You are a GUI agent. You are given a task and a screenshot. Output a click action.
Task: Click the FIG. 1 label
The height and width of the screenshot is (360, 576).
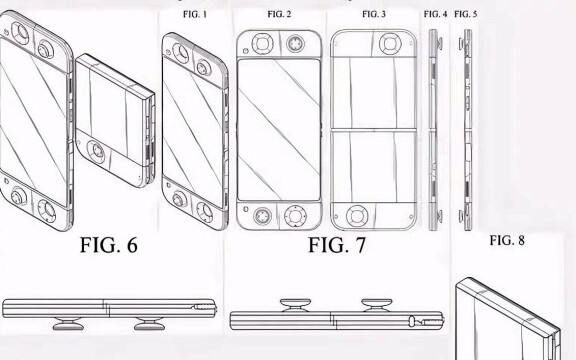[195, 14]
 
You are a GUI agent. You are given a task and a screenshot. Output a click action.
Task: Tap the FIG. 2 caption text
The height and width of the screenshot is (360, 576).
[279, 14]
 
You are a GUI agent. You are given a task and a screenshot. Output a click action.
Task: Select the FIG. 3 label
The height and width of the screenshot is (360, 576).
[374, 14]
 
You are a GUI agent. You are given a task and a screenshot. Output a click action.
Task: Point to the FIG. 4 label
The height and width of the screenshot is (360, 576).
[435, 14]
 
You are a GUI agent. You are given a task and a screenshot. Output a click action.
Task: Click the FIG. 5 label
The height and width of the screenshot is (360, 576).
[466, 14]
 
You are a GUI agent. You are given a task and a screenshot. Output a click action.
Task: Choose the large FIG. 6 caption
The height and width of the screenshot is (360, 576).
[109, 245]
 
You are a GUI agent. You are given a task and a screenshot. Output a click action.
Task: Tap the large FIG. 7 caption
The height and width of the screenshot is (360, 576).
[337, 245]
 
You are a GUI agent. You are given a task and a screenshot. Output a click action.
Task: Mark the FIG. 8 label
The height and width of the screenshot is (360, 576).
[507, 241]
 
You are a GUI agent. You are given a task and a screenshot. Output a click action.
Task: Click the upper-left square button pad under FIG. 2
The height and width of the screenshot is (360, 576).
[262, 44]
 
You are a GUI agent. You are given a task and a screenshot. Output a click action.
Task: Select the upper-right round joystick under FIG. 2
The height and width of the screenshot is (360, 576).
[295, 44]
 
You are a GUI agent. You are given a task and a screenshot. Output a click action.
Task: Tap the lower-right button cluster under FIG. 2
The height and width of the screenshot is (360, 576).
[295, 216]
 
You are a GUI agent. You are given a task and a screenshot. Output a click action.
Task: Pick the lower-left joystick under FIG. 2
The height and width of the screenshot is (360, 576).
[262, 216]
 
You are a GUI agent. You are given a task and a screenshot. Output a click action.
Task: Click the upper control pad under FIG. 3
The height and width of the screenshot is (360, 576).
[390, 44]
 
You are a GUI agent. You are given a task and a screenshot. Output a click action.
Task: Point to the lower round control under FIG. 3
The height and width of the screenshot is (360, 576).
[356, 216]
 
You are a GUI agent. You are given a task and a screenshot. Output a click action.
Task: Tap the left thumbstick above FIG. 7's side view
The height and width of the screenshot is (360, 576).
[295, 305]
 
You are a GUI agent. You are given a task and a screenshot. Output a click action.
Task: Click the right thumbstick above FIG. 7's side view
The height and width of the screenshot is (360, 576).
[377, 305]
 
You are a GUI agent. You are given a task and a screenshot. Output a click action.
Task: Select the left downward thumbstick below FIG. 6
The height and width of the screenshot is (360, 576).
[68, 323]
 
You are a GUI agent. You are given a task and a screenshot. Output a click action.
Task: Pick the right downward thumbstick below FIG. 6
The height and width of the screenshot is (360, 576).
[149, 323]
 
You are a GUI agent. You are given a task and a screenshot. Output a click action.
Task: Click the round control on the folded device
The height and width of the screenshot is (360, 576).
[96, 151]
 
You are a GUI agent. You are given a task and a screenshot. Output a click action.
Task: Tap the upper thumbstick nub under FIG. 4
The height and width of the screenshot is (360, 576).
[439, 43]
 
